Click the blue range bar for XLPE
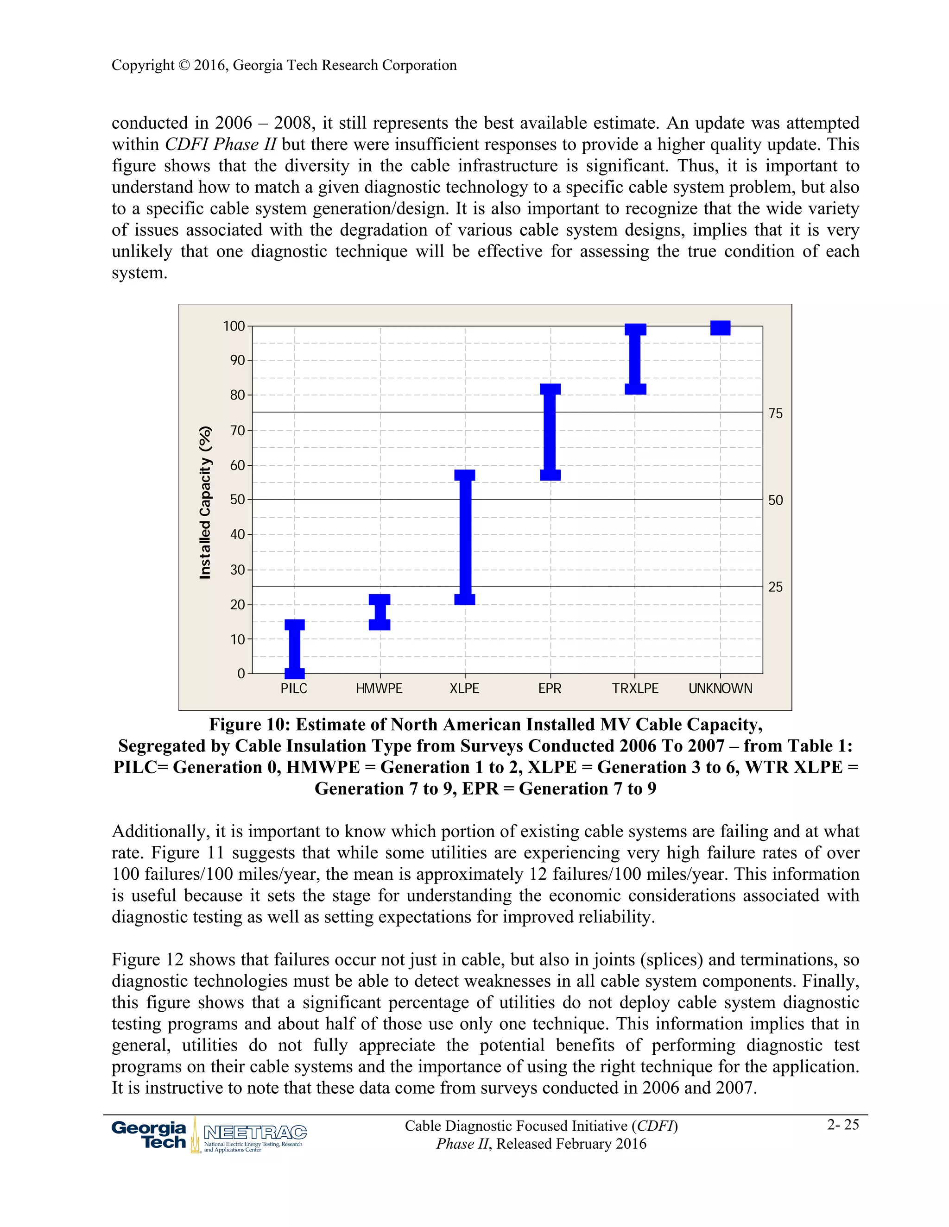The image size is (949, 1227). click(465, 537)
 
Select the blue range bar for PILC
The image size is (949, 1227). click(295, 649)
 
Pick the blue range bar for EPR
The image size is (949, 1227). click(550, 432)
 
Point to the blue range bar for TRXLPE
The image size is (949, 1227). click(635, 359)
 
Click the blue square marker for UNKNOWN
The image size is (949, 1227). click(720, 327)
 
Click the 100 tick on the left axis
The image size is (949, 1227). click(234, 326)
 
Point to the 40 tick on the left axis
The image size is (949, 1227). click(237, 534)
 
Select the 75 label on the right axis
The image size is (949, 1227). click(775, 413)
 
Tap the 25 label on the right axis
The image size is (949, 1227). click(775, 587)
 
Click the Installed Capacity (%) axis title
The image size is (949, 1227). click(205, 502)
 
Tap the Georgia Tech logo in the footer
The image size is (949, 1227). click(149, 1135)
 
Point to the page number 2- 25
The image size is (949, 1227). click(843, 1124)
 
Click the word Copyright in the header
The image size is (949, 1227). click(143, 65)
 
